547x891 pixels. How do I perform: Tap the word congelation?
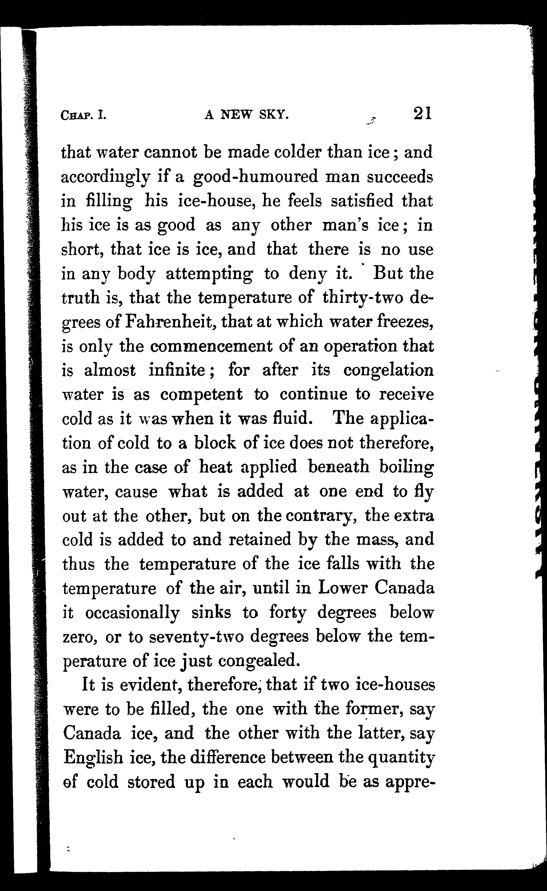388,370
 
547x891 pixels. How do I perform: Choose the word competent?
201,394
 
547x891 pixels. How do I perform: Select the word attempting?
209,274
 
